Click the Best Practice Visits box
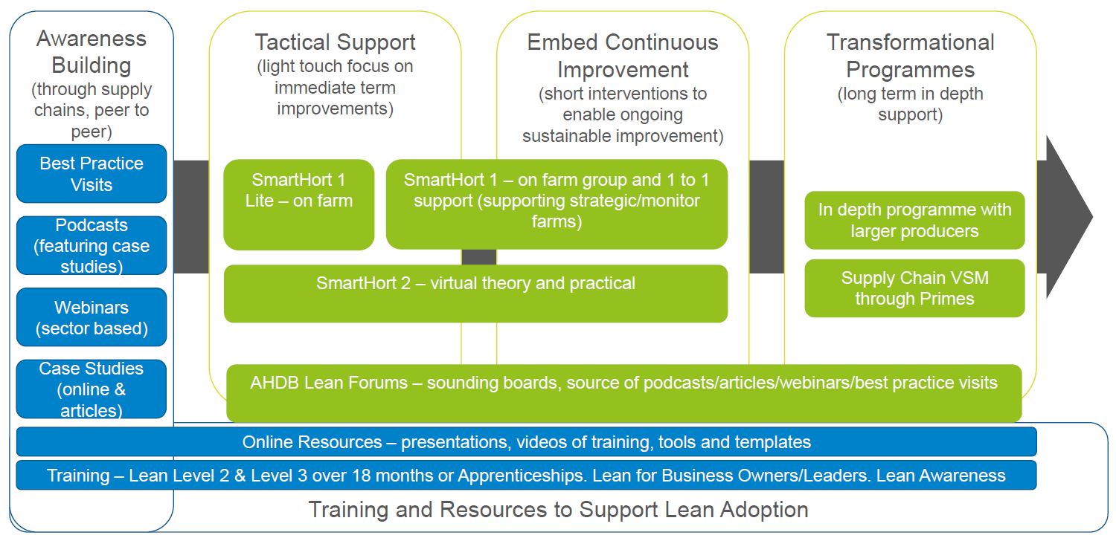[x=92, y=173]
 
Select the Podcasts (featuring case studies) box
[x=92, y=245]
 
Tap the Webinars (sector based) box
[x=92, y=317]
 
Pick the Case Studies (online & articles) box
[x=92, y=389]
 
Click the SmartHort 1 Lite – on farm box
[x=298, y=204]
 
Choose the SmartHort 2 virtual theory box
[x=475, y=294]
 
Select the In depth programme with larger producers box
[x=914, y=220]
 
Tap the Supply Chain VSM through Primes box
[x=914, y=288]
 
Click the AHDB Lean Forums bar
[x=623, y=393]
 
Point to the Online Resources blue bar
[x=526, y=442]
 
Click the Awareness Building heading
[x=92, y=51]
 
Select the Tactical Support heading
[x=335, y=42]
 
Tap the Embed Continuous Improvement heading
[x=623, y=56]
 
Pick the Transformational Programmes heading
[x=910, y=56]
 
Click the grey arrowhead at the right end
[x=1068, y=217]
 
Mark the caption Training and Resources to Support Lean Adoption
[x=558, y=510]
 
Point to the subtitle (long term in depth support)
[x=910, y=105]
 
